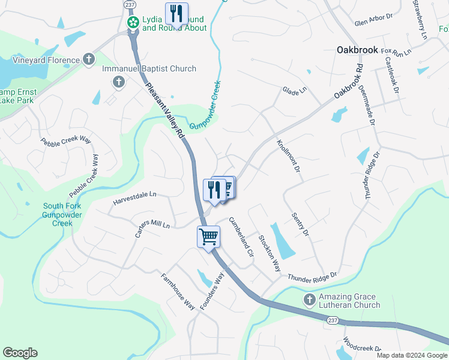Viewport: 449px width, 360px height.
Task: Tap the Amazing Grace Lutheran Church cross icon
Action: click(x=309, y=299)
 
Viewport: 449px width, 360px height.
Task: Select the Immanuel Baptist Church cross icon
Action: click(x=118, y=81)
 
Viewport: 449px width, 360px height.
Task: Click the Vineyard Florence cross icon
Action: click(x=89, y=59)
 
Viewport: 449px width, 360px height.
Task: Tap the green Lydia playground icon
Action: click(x=133, y=23)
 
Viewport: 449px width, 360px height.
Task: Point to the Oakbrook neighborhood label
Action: click(x=357, y=50)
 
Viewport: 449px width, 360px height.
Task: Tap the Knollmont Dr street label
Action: click(x=288, y=155)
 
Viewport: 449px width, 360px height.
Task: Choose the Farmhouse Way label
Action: click(x=178, y=292)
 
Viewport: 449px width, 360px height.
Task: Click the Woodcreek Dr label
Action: click(x=362, y=348)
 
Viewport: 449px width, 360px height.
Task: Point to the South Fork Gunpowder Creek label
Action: click(x=58, y=215)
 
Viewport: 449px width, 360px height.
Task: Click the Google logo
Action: click(x=20, y=353)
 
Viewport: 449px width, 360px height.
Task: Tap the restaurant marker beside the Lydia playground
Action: click(x=176, y=13)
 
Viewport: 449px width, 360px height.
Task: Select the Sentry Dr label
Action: click(x=300, y=223)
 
